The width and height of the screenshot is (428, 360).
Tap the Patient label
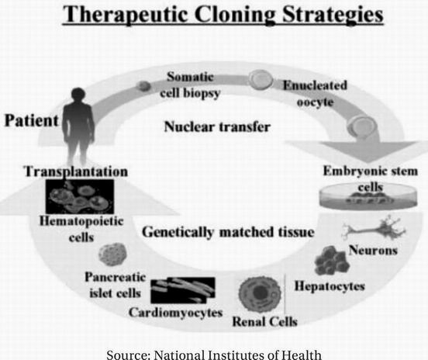(32, 120)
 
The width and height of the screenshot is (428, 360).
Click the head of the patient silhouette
(78, 95)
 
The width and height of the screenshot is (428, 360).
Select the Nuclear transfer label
(217, 126)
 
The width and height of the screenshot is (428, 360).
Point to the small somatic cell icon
(143, 86)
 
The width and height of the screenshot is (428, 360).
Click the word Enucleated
(315, 85)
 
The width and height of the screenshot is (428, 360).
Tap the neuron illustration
(374, 229)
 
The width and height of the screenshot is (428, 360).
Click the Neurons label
(373, 250)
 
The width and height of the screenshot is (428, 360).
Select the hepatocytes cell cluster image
(331, 261)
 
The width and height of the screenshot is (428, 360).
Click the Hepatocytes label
(330, 286)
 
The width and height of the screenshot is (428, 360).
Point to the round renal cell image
(260, 294)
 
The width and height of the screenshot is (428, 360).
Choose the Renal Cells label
(264, 321)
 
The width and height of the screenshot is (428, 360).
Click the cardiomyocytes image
(183, 290)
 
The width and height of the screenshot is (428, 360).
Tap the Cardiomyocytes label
(176, 313)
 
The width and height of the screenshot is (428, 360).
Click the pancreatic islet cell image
(112, 254)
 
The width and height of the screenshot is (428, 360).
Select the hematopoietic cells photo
(80, 196)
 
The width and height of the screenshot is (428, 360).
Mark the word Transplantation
(76, 171)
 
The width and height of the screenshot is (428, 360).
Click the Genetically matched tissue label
(228, 232)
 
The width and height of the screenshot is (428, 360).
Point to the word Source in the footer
(129, 355)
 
